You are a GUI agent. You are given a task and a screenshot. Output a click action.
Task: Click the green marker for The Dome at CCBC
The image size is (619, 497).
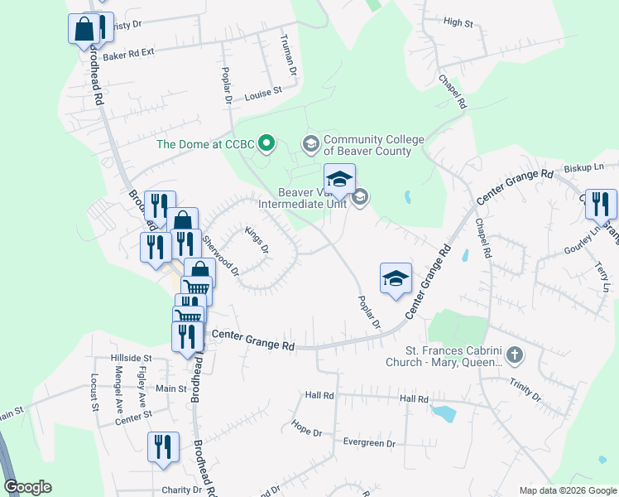266,144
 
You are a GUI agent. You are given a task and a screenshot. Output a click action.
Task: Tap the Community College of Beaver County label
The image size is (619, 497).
367,145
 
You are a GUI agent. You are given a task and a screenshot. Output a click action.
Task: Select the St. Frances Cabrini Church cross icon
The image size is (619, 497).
515,356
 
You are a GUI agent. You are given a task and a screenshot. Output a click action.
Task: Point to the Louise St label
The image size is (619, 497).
263,95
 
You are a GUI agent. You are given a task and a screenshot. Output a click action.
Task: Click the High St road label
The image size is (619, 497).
458,23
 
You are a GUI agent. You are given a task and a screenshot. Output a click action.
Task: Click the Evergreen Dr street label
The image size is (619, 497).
370,443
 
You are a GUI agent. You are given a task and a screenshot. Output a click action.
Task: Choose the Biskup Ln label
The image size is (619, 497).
583,167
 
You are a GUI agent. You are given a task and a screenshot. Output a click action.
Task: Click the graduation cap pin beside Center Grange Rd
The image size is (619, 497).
396,278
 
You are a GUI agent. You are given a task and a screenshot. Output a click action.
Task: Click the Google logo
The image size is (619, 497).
27,487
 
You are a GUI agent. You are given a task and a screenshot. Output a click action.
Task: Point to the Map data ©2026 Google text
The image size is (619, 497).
568,490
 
